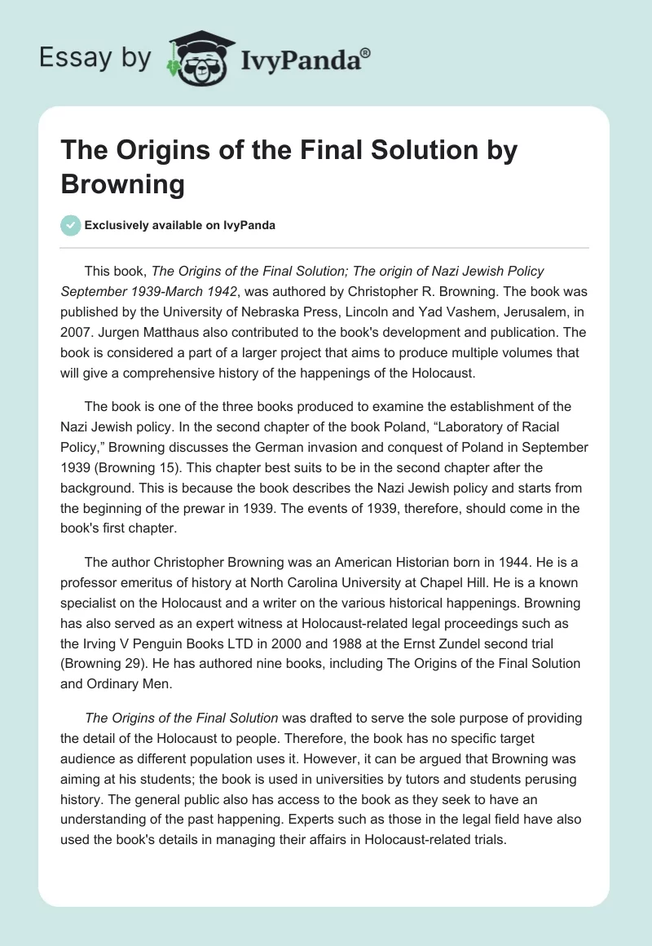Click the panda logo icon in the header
click(x=195, y=55)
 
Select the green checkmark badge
click(x=70, y=225)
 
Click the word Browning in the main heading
click(x=123, y=183)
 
